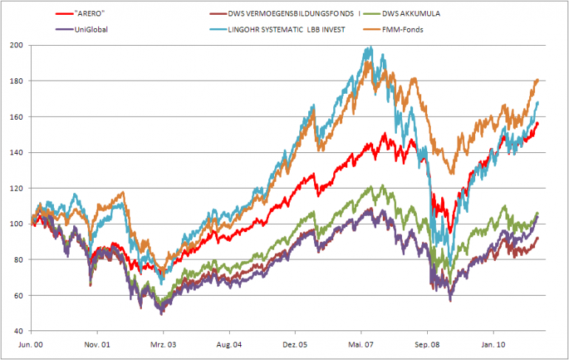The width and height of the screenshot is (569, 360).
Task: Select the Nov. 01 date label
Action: [x=98, y=344]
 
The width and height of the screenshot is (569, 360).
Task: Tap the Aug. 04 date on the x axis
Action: [x=230, y=344]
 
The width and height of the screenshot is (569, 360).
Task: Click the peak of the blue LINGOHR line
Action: [x=369, y=48]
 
